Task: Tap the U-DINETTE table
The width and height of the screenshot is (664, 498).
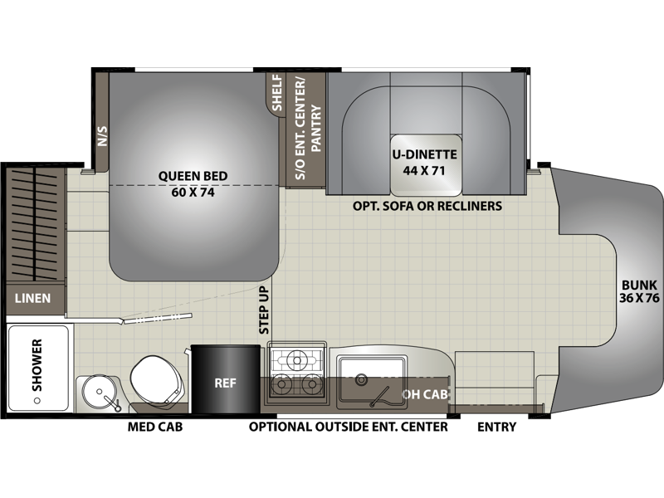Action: [426, 165]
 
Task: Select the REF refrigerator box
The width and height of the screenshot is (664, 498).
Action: [225, 378]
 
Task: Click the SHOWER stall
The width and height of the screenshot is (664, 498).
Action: [38, 368]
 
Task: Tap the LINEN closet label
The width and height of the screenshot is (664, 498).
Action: [32, 298]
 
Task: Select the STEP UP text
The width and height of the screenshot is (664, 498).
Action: [264, 310]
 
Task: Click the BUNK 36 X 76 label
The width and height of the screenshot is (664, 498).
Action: [639, 291]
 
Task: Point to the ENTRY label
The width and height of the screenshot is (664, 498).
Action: [496, 427]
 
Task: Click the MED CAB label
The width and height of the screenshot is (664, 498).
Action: [155, 427]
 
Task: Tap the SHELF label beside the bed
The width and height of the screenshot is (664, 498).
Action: [276, 92]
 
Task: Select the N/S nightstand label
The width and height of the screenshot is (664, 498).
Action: [102, 136]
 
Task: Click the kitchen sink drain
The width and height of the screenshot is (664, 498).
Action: [361, 379]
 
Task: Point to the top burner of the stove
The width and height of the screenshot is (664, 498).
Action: [296, 360]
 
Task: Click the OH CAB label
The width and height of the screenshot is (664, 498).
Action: [425, 394]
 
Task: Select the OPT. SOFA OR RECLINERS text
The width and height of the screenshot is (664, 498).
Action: [427, 206]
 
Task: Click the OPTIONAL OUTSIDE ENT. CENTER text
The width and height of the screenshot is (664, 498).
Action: [348, 427]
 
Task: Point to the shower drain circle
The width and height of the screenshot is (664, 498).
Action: [37, 400]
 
